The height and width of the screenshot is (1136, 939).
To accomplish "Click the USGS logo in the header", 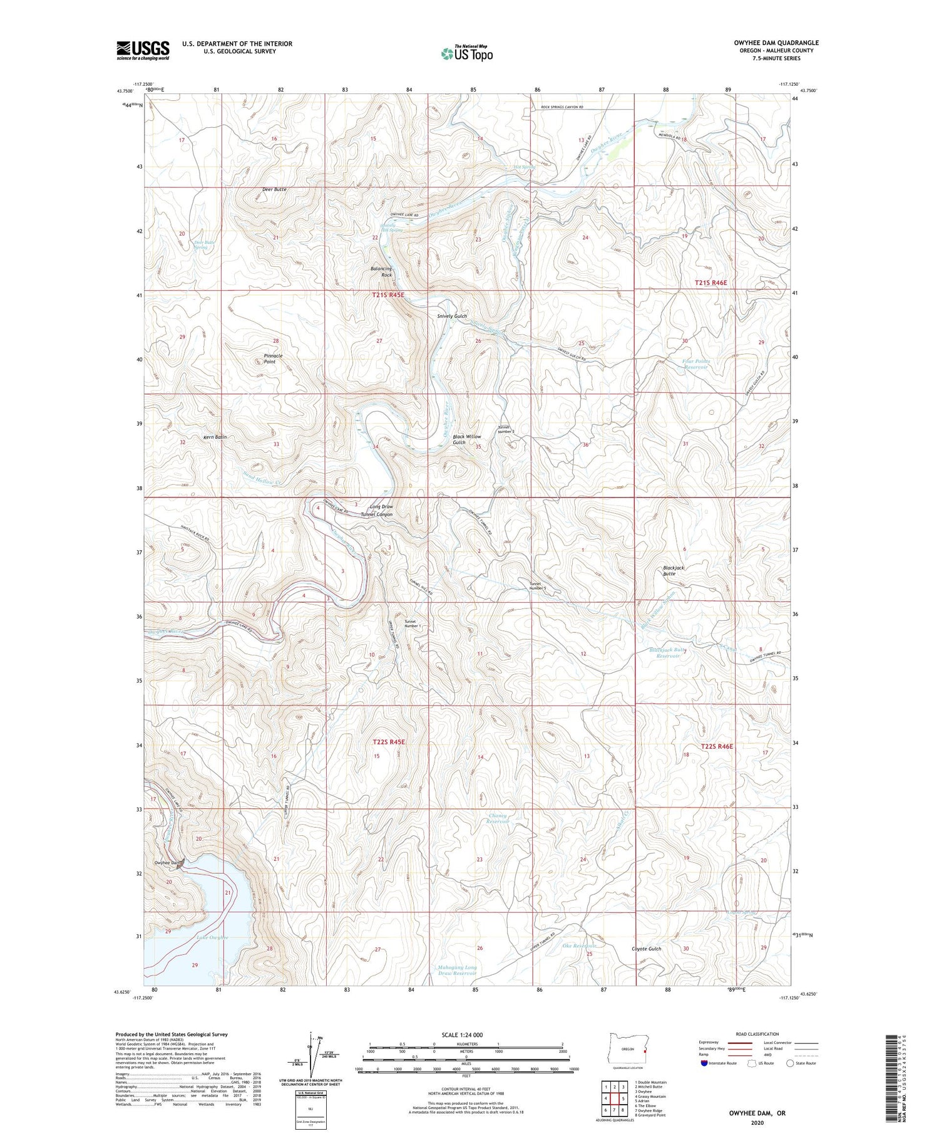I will tap(143, 50).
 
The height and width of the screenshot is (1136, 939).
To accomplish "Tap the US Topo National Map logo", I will tap(466, 53).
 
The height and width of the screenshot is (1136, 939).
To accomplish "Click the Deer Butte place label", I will tap(274, 189).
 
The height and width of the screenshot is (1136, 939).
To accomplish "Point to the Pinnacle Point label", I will tap(273, 358).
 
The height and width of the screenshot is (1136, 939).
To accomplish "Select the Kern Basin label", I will tap(215, 437).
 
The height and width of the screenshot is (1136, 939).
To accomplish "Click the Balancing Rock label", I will tap(381, 272).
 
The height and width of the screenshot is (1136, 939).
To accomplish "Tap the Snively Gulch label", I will tap(451, 316).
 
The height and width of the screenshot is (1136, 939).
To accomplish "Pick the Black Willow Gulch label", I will tap(467, 439).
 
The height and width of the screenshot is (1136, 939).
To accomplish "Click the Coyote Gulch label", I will tap(646, 949).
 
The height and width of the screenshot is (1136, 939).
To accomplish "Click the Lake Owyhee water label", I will tap(212, 937).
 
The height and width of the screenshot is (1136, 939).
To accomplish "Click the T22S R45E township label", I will tap(389, 742).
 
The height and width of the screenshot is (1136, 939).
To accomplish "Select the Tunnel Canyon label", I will tap(376, 514).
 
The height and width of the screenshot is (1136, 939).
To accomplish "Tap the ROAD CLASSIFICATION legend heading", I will tap(757, 1034).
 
